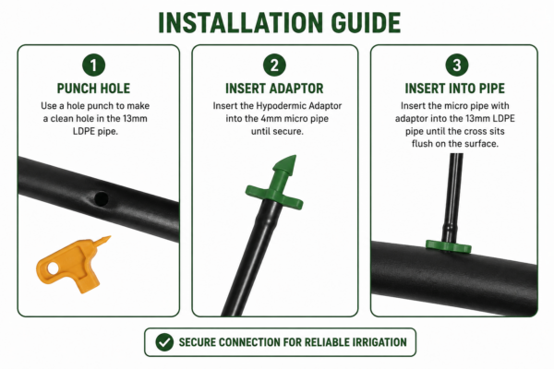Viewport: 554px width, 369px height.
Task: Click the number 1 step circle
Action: point(93,65)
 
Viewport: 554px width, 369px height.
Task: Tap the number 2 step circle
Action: point(274,65)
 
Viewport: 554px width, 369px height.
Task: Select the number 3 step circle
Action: point(457,65)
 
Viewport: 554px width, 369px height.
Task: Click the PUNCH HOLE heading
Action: point(93,89)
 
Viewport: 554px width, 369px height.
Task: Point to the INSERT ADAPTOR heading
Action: point(274,89)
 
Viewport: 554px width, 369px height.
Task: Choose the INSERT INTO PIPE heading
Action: point(454,89)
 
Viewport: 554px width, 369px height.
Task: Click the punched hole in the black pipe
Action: point(102,199)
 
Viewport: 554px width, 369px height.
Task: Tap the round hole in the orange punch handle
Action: point(53,268)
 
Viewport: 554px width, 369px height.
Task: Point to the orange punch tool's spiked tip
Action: point(110,236)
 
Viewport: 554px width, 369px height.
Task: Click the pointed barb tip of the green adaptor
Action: point(295,155)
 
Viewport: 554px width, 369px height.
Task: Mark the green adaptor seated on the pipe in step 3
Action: point(449,246)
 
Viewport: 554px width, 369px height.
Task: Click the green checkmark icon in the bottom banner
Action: point(164,342)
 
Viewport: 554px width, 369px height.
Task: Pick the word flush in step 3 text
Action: point(422,144)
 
